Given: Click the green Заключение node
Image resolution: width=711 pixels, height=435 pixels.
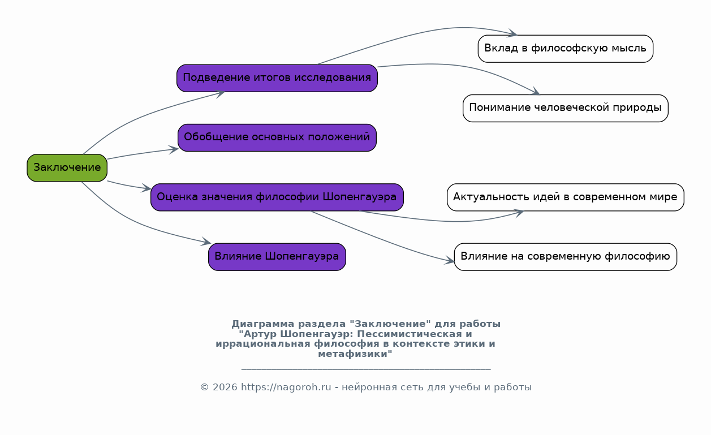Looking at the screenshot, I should click(x=67, y=168).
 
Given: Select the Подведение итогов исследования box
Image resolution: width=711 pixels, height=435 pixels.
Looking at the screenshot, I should click(x=277, y=78).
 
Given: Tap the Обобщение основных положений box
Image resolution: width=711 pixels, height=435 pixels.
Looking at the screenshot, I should click(x=277, y=137).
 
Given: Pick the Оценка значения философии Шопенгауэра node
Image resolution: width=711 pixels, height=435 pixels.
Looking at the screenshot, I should click(x=277, y=197).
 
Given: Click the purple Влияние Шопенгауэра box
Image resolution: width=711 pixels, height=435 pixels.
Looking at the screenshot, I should click(x=277, y=257).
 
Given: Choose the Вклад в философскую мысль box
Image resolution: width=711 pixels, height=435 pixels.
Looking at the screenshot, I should click(x=565, y=49).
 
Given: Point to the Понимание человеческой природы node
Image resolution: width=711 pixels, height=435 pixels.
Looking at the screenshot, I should click(x=565, y=108).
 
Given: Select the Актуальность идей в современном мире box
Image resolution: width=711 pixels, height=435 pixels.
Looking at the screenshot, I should click(x=565, y=197).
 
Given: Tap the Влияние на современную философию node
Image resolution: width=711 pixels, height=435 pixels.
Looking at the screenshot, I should click(x=565, y=257).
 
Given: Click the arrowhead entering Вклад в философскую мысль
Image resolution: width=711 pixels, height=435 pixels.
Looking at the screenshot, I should click(x=513, y=34).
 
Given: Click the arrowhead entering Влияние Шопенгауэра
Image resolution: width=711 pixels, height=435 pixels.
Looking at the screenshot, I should click(x=206, y=243).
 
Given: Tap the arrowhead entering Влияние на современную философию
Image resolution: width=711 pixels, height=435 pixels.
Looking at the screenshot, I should click(x=451, y=261).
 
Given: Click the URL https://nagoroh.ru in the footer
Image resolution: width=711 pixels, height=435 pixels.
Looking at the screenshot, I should click(x=286, y=387).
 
